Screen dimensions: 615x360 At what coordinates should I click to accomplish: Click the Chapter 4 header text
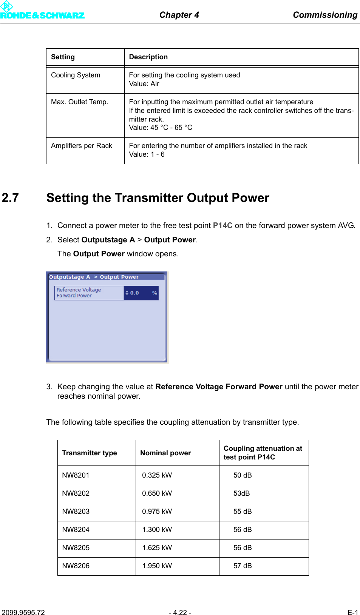pyautogui.click(x=179, y=15)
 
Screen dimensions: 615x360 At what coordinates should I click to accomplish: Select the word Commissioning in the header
pyautogui.click(x=325, y=15)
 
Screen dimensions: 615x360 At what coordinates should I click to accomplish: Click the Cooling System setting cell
pyautogui.click(x=76, y=75)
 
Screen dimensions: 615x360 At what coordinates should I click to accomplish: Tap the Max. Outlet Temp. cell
pyautogui.click(x=80, y=102)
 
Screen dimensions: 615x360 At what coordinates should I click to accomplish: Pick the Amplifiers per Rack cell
pyautogui.click(x=82, y=146)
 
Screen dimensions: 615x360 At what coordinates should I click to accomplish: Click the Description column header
pyautogui.click(x=148, y=57)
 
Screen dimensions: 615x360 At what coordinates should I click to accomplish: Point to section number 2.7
pyautogui.click(x=10, y=198)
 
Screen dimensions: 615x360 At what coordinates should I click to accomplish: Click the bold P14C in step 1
pyautogui.click(x=222, y=225)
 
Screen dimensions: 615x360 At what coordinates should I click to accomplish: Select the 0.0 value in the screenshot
pyautogui.click(x=134, y=293)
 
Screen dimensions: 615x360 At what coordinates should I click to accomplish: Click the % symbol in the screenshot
pyautogui.click(x=155, y=293)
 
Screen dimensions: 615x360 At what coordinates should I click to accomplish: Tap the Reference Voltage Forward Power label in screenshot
pyautogui.click(x=79, y=293)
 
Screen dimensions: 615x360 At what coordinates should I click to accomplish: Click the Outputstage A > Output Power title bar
pyautogui.click(x=94, y=277)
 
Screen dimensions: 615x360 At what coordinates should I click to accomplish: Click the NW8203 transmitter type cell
pyautogui.click(x=76, y=512)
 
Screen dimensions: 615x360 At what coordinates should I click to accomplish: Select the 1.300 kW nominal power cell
pyautogui.click(x=157, y=530)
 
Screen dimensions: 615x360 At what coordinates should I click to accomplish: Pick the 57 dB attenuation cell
pyautogui.click(x=243, y=566)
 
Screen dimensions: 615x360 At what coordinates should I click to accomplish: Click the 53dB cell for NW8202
pyautogui.click(x=241, y=493)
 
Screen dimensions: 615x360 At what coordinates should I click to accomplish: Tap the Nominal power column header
pyautogui.click(x=165, y=453)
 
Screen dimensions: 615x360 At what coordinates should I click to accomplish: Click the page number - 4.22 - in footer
pyautogui.click(x=180, y=612)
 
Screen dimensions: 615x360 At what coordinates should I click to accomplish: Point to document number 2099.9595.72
pyautogui.click(x=23, y=612)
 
